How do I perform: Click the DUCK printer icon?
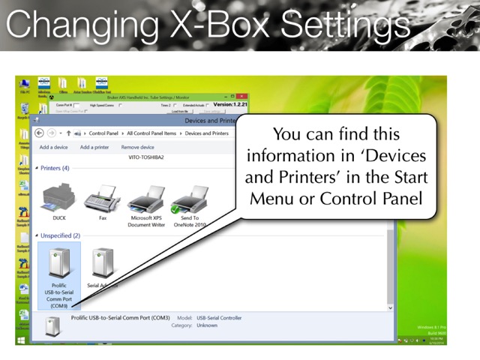tap(59, 199)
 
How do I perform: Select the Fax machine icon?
tap(102, 199)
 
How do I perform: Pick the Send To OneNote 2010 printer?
tap(189, 199)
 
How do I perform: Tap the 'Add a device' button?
tap(53, 148)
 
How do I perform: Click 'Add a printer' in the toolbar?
tap(94, 148)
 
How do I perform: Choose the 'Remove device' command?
tap(137, 148)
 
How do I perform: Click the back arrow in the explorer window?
tap(40, 133)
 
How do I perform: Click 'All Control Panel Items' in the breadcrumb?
tap(152, 133)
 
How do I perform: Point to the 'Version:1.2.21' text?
tap(230, 105)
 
